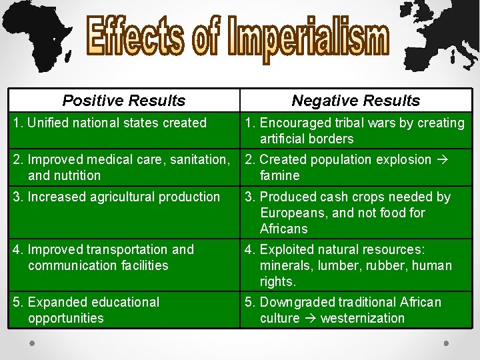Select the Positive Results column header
[124, 101]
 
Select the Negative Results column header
[356, 101]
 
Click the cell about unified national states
[124, 123]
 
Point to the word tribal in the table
[343, 123]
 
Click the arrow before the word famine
[441, 159]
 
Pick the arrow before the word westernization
[310, 318]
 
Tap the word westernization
[363, 318]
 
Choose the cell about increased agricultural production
[124, 197]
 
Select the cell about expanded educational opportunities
[124, 310]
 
